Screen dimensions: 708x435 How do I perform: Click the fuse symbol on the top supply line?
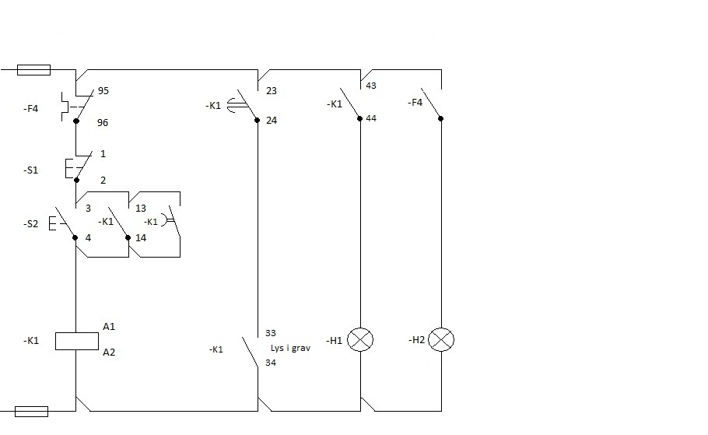34,70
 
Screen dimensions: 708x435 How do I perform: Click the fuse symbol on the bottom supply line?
32,412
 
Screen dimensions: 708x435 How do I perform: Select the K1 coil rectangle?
77,342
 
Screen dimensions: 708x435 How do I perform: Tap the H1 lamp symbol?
360,340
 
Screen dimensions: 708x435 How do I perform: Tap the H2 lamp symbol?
441,340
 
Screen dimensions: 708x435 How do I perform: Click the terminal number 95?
103,91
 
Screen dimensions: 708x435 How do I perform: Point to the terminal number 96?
103,123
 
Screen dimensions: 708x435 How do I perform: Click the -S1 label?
30,170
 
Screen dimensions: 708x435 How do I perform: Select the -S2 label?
30,224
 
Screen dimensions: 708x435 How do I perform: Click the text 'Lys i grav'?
290,349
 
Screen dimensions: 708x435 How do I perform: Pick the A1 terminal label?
109,327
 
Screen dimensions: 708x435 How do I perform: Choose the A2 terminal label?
109,353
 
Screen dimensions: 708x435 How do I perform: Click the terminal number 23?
272,91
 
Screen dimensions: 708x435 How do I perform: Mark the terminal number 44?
371,118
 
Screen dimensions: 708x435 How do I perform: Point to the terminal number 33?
271,333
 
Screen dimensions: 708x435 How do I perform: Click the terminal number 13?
141,209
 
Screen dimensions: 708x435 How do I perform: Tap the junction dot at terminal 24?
258,120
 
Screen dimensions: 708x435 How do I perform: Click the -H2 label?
417,340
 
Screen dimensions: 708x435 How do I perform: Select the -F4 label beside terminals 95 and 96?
30,109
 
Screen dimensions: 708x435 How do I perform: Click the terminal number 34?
271,363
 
